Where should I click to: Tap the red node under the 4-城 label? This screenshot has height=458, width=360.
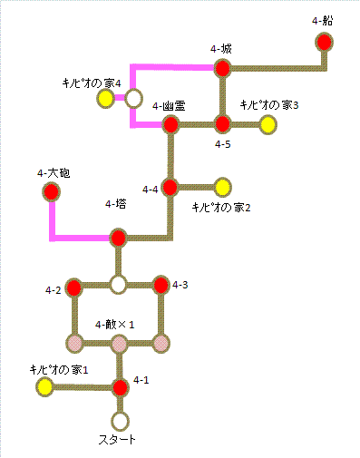(222, 68)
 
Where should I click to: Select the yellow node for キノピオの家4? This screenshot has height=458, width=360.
(106, 97)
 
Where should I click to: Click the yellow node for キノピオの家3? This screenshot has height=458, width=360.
(267, 124)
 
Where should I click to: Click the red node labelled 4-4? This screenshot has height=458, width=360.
(170, 187)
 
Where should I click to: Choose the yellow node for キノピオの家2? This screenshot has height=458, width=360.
(222, 187)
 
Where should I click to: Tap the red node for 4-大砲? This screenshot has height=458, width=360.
(52, 191)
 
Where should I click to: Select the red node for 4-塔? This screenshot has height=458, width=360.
(118, 239)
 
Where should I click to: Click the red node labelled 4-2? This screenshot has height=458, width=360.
(74, 289)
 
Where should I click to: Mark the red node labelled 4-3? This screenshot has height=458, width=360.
(161, 286)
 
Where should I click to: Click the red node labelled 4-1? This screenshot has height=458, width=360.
(120, 388)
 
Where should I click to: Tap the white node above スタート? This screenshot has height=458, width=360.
(120, 421)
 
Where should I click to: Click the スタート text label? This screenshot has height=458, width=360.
(117, 441)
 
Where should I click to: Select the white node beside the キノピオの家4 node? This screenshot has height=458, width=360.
(134, 97)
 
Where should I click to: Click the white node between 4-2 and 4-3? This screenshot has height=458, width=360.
(118, 285)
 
